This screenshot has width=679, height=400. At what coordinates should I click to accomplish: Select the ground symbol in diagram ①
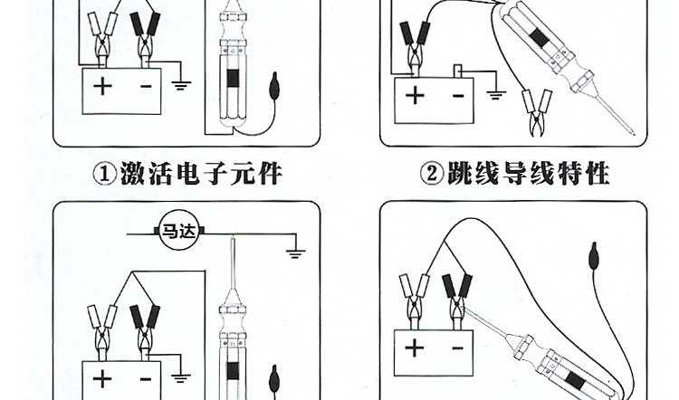point(181,86)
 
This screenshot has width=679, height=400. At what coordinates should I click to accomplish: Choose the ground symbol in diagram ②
point(495,92)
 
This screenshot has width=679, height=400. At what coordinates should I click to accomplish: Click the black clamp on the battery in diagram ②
point(418,42)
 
